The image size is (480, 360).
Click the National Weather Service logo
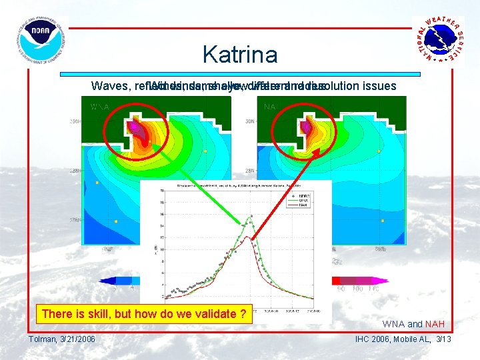(438, 40)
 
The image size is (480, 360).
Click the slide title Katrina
(239, 54)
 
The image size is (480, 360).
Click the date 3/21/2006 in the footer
(77, 339)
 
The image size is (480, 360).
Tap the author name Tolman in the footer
(43, 339)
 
